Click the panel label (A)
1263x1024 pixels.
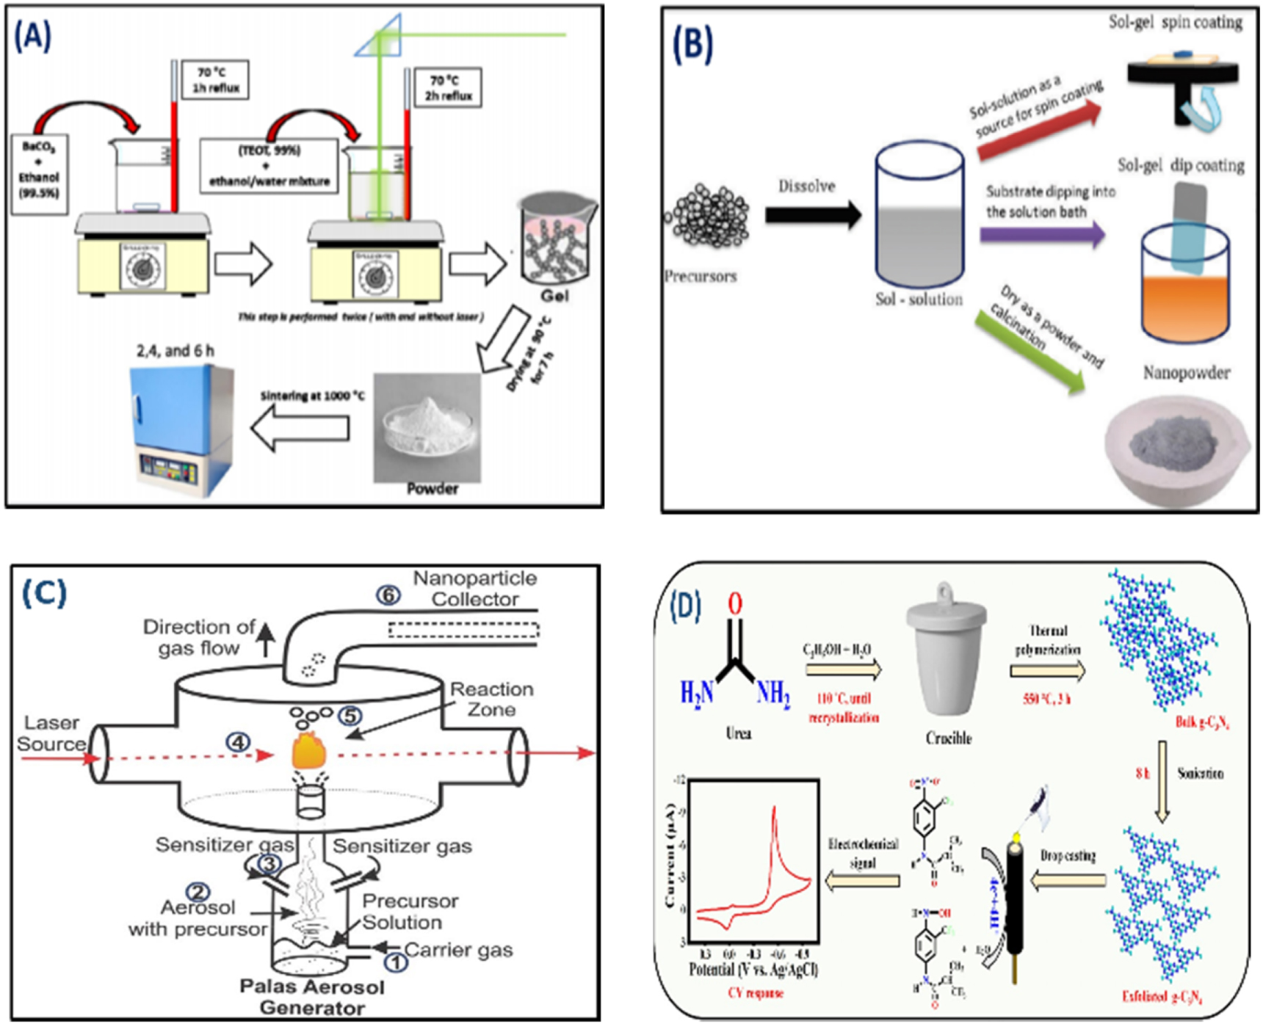pos(32,35)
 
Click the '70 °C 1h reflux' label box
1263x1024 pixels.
pos(214,79)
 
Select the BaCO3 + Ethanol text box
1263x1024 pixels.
pos(40,174)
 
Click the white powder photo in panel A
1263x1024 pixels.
pos(427,426)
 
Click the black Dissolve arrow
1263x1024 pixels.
pos(812,215)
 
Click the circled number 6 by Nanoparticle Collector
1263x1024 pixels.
pos(388,595)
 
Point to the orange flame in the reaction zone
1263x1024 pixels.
pos(309,750)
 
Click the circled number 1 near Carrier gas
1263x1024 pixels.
pos(396,961)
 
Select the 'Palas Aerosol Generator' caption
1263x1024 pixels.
pos(312,997)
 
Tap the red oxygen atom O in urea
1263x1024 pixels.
pos(735,603)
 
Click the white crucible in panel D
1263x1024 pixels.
pos(948,653)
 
